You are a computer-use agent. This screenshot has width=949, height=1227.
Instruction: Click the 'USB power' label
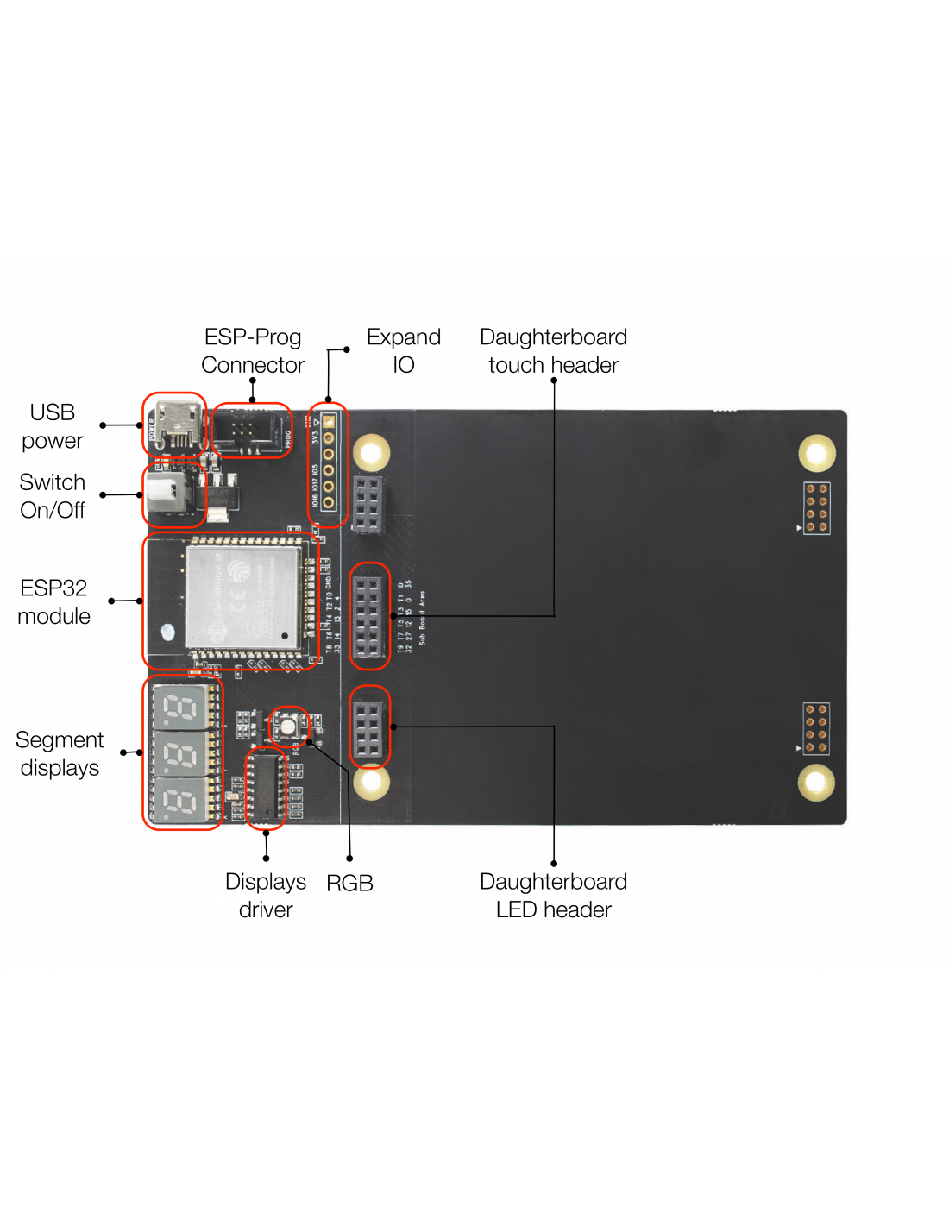(x=53, y=426)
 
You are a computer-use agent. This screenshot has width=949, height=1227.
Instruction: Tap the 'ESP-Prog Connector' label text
(x=253, y=351)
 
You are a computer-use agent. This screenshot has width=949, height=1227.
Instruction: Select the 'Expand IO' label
(x=404, y=351)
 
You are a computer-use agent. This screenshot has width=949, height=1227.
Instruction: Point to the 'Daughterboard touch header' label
(x=553, y=351)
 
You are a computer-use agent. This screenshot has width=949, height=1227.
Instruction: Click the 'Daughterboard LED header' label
(x=553, y=896)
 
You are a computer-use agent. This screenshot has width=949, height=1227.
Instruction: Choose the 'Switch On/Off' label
(x=53, y=496)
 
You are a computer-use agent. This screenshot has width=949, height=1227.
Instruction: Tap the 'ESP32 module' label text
(x=53, y=602)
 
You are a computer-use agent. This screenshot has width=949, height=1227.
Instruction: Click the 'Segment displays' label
(x=60, y=754)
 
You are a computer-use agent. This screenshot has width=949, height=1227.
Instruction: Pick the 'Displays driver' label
(x=266, y=896)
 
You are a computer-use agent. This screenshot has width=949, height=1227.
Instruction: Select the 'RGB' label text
(x=349, y=884)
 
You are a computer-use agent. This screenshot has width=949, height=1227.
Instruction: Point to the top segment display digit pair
(x=180, y=708)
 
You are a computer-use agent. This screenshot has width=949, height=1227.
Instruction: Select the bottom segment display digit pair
(x=180, y=801)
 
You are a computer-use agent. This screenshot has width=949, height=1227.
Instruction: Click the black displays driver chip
(x=265, y=788)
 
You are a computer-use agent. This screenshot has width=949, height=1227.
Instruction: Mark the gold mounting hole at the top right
(x=816, y=452)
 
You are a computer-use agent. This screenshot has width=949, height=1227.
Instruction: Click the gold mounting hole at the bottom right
(x=816, y=783)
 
